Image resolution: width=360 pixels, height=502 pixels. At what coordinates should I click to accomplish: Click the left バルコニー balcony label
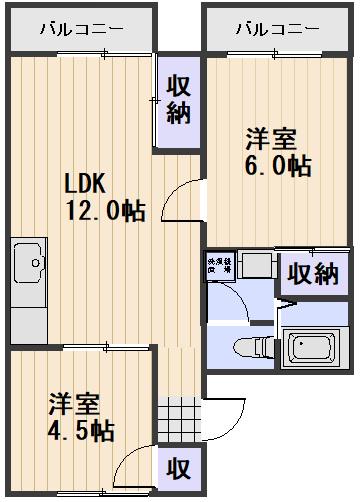[x=82, y=28]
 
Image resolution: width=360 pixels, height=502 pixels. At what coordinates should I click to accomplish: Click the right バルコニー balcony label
[x=277, y=28]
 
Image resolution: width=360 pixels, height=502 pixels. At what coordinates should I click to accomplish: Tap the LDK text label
[x=87, y=185]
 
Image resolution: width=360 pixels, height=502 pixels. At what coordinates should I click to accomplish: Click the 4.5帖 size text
[x=83, y=432]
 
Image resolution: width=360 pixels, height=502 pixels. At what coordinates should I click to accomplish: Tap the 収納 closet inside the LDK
[x=178, y=100]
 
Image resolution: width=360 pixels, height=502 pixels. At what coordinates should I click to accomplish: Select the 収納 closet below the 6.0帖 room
[x=313, y=272]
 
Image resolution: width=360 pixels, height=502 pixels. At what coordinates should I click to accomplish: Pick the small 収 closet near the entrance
[x=178, y=467]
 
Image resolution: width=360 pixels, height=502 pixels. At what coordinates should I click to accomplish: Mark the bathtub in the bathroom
[x=317, y=347]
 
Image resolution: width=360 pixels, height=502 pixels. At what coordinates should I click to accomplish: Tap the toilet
[x=246, y=347]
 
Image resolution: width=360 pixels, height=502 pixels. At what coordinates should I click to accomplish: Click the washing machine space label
[x=218, y=266]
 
